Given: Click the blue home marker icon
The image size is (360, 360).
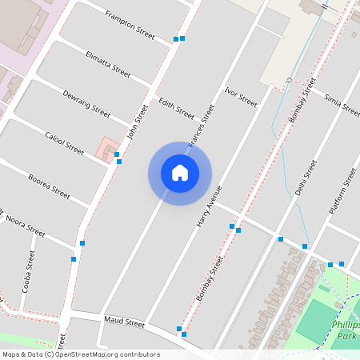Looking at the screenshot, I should tap(180, 173).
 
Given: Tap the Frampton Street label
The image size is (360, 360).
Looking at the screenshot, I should tap(130, 24).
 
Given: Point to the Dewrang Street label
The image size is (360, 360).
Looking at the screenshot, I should tap(86, 103).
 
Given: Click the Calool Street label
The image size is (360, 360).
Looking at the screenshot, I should tap(64, 143).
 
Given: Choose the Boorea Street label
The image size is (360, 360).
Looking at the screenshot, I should tap(49, 185).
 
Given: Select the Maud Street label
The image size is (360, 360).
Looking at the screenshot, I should tap(124, 322).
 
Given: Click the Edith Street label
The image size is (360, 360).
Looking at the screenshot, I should tap(176, 108).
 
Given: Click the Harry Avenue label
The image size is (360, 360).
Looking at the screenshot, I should tap(208, 207).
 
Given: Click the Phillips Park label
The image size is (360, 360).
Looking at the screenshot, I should tap(346, 330).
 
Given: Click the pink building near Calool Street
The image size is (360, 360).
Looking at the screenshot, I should tap(106, 148).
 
